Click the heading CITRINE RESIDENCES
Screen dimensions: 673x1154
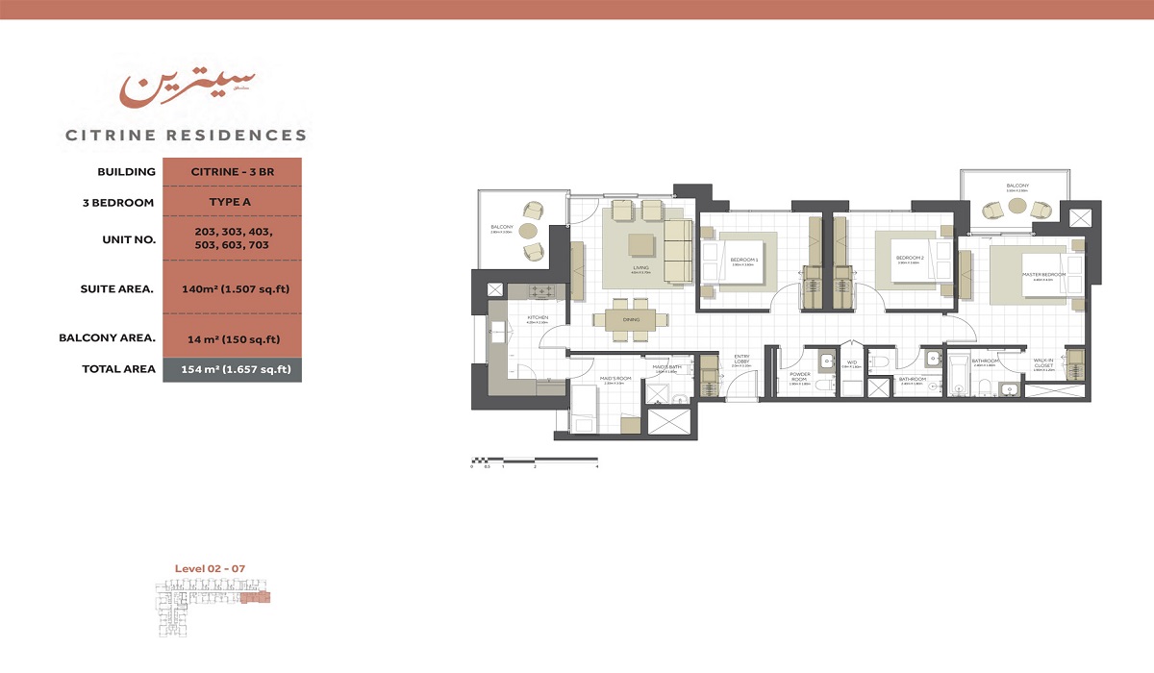pos(187,136)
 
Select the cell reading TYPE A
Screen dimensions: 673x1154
pos(231,203)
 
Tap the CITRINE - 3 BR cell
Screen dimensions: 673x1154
pos(231,172)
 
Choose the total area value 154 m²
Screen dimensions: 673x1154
pos(231,369)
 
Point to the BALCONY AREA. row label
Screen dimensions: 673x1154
pos(107,337)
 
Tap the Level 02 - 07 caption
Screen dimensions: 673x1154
pos(210,568)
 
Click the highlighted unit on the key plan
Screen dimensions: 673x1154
pos(256,598)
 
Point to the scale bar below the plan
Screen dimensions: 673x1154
pos(534,460)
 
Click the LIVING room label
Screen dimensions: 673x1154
pos(640,268)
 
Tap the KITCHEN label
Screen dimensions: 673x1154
pos(537,318)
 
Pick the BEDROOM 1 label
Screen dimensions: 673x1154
pos(743,261)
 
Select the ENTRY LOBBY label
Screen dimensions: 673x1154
pos(740,360)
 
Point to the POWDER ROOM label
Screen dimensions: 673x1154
pos(800,377)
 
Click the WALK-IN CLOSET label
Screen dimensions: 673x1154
pos(1044,363)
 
